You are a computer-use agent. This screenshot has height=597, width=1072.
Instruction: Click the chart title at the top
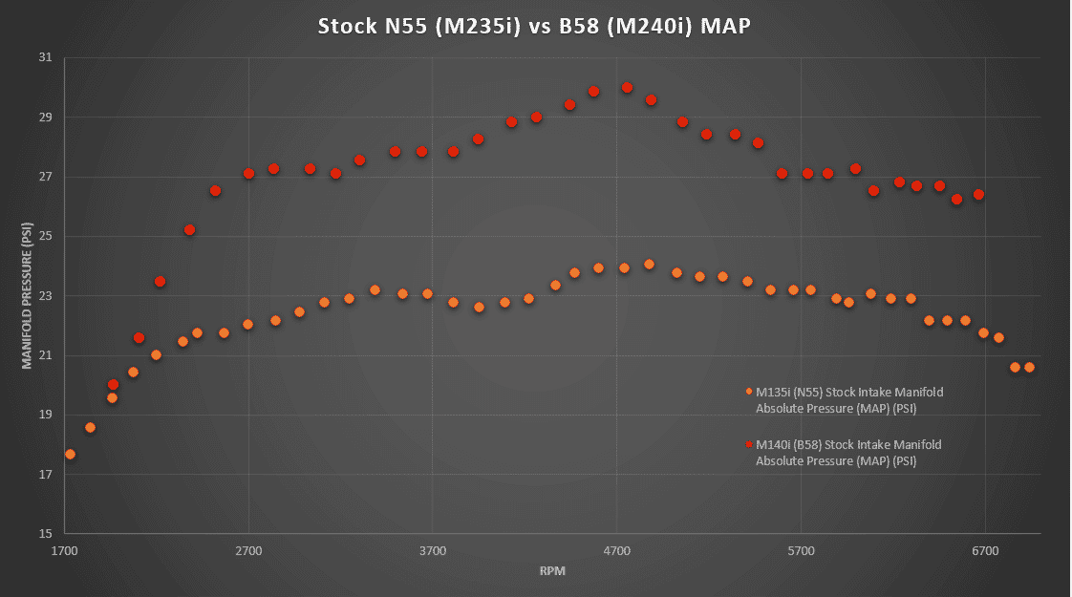pos(534,26)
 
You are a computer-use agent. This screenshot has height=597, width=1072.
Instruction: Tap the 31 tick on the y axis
pos(45,58)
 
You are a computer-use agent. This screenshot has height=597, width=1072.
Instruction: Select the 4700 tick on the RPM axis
pos(617,551)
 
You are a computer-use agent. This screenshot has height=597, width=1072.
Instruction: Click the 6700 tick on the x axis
pos(985,551)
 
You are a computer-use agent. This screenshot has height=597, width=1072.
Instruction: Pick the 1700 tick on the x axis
pos(65,551)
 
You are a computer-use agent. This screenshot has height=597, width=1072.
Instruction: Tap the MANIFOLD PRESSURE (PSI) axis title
pos(27,295)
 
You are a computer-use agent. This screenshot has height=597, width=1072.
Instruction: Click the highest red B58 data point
pos(627,88)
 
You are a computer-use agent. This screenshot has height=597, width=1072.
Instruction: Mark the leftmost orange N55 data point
pos(70,455)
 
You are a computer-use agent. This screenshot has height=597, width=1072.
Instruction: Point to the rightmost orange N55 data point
pos(1029,367)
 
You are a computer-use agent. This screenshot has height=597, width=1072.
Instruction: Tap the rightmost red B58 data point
pos(978,195)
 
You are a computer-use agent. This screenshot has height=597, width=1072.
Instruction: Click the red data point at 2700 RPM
pos(248,174)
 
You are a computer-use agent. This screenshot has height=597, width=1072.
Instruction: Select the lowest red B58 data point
pos(113,384)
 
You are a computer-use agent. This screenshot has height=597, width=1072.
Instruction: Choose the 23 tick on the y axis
pos(45,296)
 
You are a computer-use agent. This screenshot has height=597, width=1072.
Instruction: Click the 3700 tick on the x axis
pos(433,551)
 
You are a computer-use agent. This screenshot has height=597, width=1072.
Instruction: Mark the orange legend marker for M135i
pos(749,392)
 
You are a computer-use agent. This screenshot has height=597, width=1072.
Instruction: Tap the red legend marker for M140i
pos(749,444)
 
